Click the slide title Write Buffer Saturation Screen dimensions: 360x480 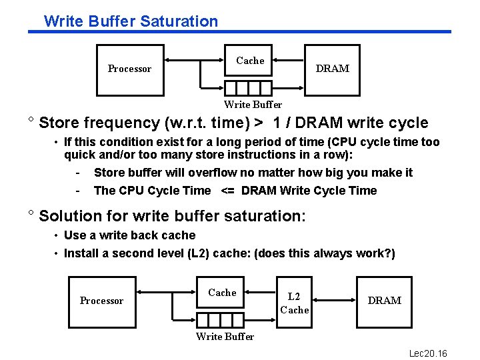[131, 21]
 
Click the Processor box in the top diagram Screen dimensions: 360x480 [130, 69]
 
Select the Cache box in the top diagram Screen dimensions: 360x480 [250, 61]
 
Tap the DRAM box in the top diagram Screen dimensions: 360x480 [332, 69]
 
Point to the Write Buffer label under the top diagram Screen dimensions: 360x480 [253, 105]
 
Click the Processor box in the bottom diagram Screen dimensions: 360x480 [101, 301]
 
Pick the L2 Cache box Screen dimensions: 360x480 [294, 303]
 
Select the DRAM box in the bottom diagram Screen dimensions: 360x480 [385, 301]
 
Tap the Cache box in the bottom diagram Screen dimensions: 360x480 [222, 293]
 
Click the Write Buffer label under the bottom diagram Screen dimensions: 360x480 [225, 337]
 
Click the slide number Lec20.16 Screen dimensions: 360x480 [428, 353]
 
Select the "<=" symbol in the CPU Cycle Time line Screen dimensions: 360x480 [227, 191]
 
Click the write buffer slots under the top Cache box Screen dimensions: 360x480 [248, 88]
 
